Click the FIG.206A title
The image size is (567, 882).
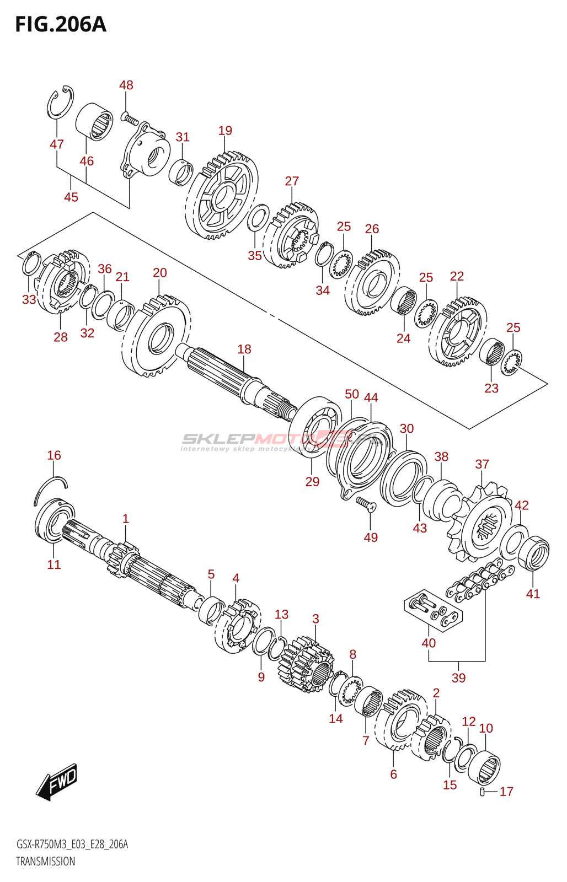pyautogui.click(x=61, y=25)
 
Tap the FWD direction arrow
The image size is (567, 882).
pyautogui.click(x=57, y=782)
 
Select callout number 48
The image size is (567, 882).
pyautogui.click(x=126, y=85)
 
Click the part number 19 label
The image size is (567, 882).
pyautogui.click(x=225, y=131)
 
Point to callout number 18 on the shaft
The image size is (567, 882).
pyautogui.click(x=244, y=349)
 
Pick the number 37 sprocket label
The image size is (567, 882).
pyautogui.click(x=482, y=464)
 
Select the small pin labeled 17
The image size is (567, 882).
pyautogui.click(x=483, y=792)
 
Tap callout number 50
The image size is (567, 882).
pyautogui.click(x=352, y=394)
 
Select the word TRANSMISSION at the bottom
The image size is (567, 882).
pyautogui.click(x=46, y=862)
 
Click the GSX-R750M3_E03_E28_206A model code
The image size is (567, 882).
pyautogui.click(x=72, y=845)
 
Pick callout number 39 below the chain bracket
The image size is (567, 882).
pyautogui.click(x=458, y=678)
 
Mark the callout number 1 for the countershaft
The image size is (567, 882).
pyautogui.click(x=126, y=519)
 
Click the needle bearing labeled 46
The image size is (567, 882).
pyautogui.click(x=94, y=122)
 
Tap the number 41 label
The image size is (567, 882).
pyautogui.click(x=533, y=594)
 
